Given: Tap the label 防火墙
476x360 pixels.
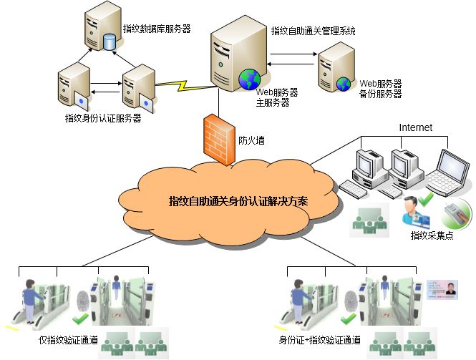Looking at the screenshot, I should tap(251, 141).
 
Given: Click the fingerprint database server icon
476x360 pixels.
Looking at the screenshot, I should tap(102, 28).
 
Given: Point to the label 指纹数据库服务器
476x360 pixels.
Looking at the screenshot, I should tap(157, 29).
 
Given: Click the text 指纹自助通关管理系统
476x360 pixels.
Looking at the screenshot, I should tap(313, 31).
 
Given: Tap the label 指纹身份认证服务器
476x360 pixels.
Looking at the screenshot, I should tap(103, 118).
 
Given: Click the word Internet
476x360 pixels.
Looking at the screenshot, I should tap(415, 127).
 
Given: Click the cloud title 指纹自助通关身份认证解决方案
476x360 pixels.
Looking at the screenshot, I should tap(238, 201).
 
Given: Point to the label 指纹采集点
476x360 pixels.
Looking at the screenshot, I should tap(432, 235).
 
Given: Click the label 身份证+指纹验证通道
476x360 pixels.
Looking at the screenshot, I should tap(319, 341).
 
